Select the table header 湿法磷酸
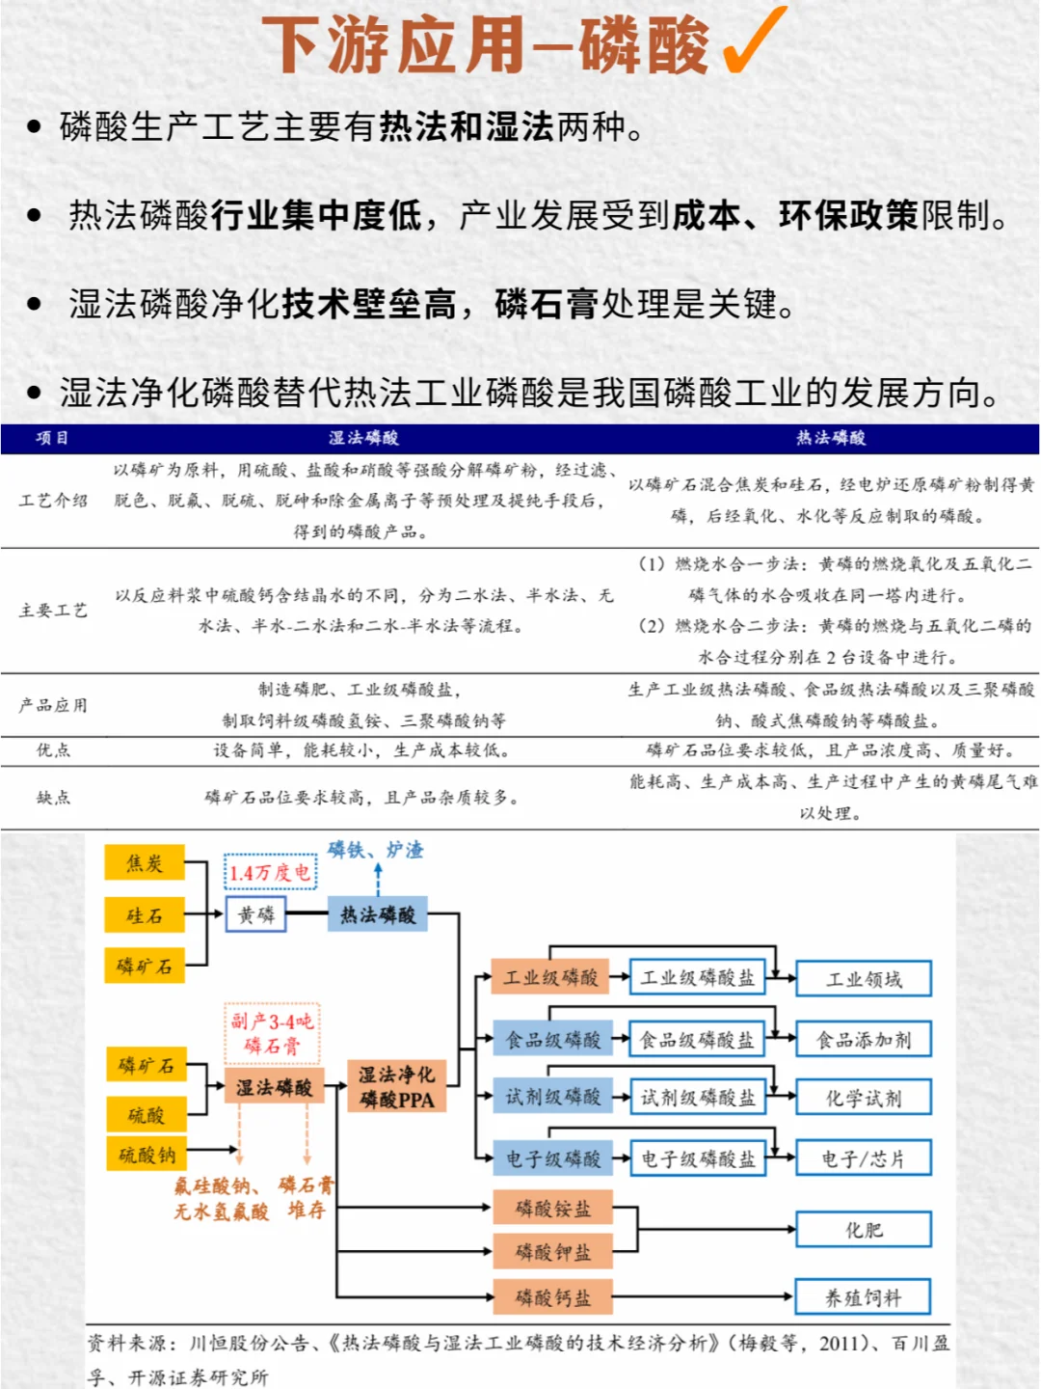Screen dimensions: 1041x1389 tap(363, 438)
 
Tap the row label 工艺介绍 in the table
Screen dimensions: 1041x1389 tap(53, 500)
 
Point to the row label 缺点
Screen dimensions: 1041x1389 tap(53, 797)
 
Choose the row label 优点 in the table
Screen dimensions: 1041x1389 tap(53, 749)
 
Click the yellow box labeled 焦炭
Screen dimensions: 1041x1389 tap(145, 863)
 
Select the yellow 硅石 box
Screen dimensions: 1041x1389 tap(145, 914)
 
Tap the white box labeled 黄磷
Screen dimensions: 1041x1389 tap(256, 914)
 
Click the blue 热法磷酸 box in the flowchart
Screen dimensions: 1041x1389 tap(378, 914)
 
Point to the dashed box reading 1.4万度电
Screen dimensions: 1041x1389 tap(270, 872)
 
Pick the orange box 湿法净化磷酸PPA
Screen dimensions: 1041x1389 tap(396, 1086)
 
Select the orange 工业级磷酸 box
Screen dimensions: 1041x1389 tap(550, 978)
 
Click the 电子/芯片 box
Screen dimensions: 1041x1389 tap(863, 1158)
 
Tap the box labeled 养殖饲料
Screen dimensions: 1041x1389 tap(863, 1297)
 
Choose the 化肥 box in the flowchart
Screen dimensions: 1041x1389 tap(863, 1230)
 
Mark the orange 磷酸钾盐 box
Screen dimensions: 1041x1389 tap(552, 1252)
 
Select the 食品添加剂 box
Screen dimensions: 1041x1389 tap(863, 1040)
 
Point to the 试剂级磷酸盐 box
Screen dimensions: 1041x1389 tap(698, 1097)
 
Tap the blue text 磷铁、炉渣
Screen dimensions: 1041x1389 tap(376, 850)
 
